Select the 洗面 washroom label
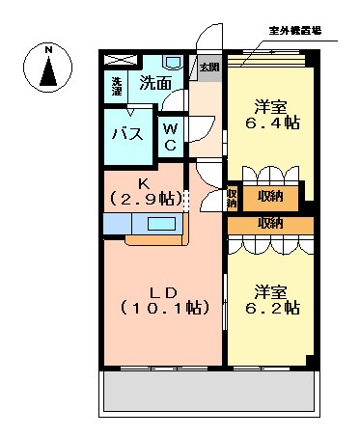coord(154,83)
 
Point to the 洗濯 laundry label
coord(117,85)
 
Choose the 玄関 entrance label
coord(208,67)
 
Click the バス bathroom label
coord(128,134)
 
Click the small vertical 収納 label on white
coord(232,198)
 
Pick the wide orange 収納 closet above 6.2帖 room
coord(271,224)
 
